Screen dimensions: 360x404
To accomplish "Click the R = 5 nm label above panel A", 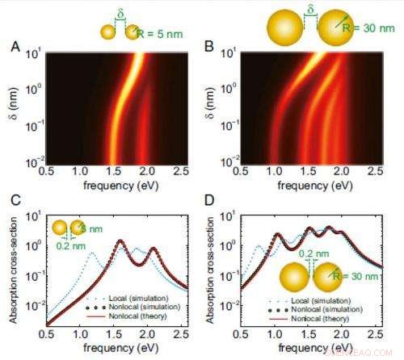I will tap(162, 32).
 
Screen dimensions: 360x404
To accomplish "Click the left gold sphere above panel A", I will tap(107, 32).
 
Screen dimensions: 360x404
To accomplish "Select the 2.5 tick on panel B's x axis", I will tap(374, 171).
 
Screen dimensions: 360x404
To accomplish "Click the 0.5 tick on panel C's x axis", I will tap(47, 333).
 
